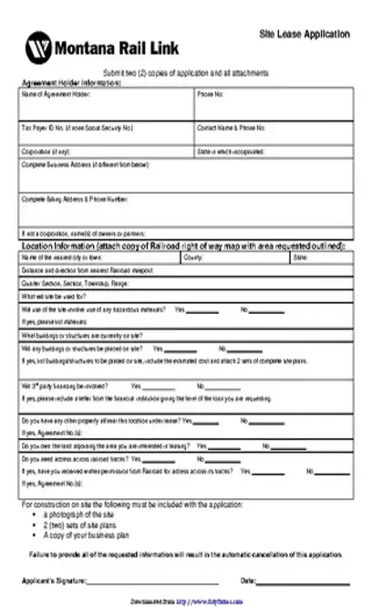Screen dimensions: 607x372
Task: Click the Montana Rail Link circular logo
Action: tap(39, 46)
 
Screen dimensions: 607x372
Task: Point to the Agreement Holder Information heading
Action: tap(70, 82)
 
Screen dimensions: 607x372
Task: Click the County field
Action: tap(235, 258)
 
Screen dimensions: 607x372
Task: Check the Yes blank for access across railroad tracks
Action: tap(220, 446)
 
